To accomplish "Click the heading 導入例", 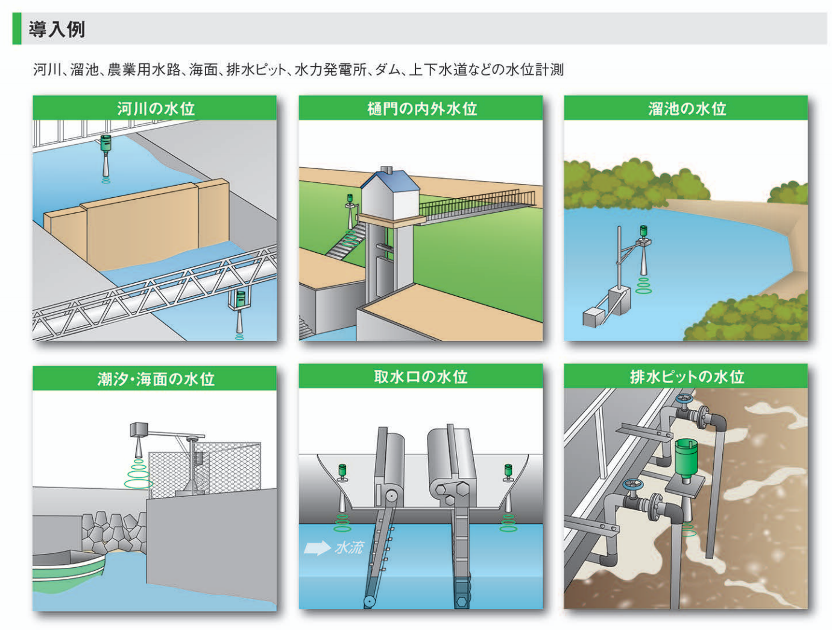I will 57,29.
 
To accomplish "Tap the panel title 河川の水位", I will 156,109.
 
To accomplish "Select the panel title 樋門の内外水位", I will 421,109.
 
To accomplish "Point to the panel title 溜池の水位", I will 687,109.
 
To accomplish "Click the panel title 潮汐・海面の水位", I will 156,379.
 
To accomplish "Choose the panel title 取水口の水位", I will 421,377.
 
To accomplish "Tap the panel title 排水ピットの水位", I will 687,377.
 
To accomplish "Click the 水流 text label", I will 350,547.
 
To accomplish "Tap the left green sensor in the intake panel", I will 342,472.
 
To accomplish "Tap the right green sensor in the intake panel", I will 508,472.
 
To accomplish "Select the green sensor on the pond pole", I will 643,232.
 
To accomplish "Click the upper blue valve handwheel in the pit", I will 684,401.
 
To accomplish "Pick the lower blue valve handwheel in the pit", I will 632,486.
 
